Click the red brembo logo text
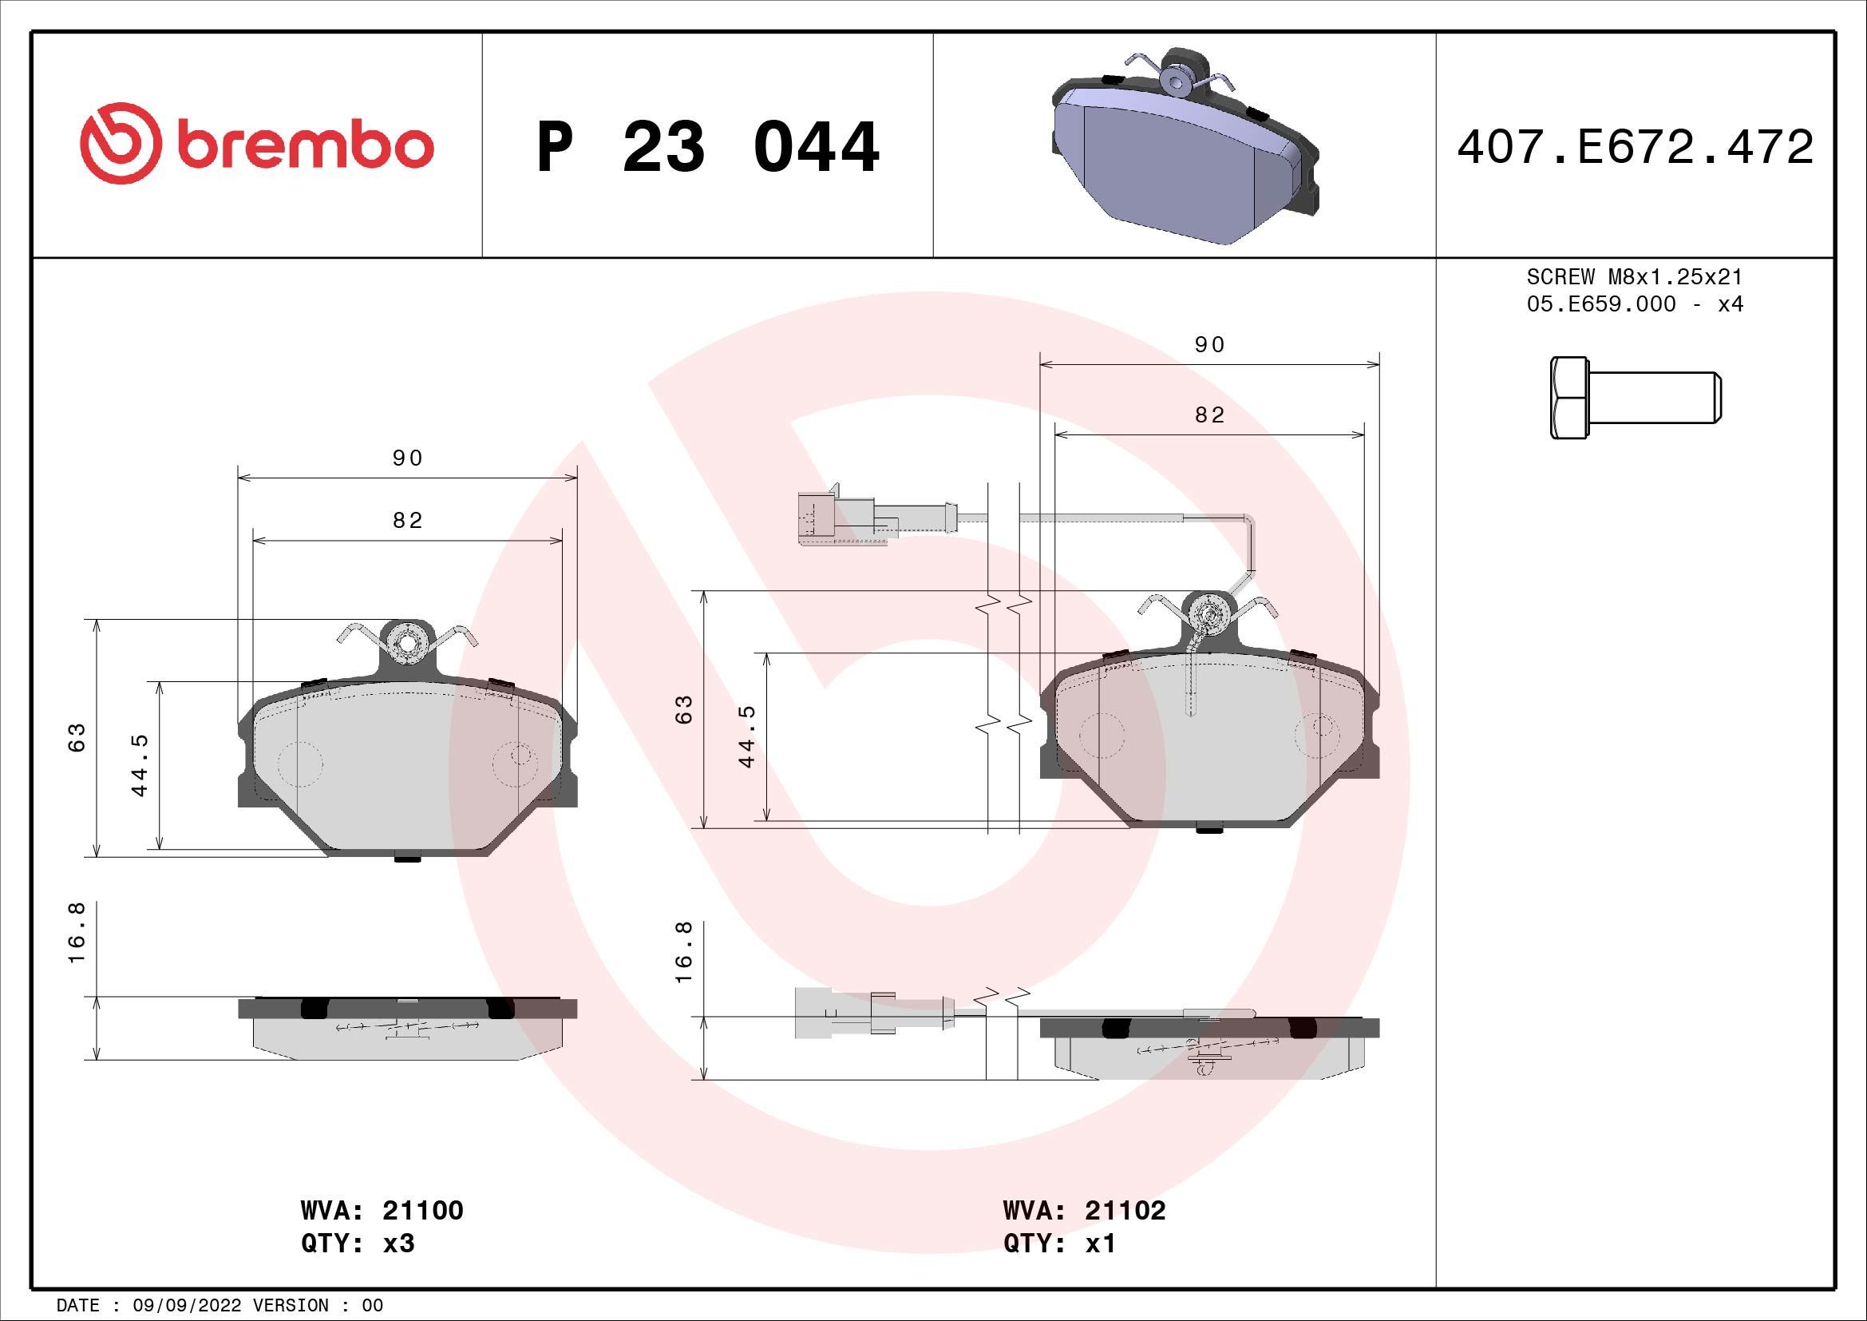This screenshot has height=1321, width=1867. pos(301,146)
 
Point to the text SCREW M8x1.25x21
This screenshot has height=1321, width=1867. pos(1635,276)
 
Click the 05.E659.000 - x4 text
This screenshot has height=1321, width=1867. pos(1635,304)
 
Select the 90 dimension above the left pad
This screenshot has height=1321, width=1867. pos(407,458)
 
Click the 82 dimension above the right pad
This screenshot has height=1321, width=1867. pos(1209,415)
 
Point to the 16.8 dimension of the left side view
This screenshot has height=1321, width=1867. pos(77,942)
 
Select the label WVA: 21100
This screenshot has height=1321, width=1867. pos(382,1210)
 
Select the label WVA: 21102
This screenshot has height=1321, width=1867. pos(1084,1210)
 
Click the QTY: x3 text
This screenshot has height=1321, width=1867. pos(358,1244)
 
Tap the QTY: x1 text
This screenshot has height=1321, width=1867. pos(1058,1244)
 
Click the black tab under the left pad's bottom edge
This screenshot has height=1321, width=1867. pos(406,857)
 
